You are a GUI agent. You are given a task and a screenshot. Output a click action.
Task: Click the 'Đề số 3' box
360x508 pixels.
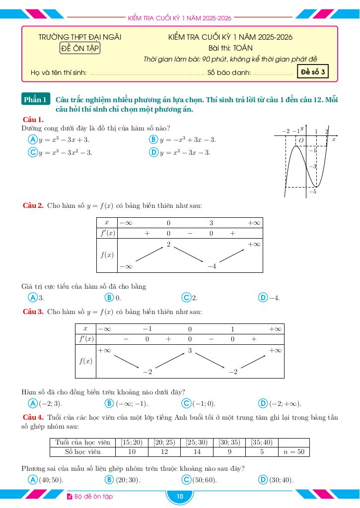click(313, 72)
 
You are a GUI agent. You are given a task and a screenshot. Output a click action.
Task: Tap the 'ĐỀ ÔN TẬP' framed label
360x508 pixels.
click(80, 48)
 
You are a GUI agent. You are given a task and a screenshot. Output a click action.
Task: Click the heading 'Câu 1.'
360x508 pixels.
click(33, 120)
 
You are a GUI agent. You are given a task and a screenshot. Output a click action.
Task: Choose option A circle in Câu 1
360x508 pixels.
click(32, 140)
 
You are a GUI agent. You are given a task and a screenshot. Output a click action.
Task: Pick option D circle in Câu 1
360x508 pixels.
click(153, 152)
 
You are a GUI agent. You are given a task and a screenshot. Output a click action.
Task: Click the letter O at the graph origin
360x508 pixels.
click(300, 141)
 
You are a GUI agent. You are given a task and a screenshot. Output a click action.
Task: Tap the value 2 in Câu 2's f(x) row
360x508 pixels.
click(168, 245)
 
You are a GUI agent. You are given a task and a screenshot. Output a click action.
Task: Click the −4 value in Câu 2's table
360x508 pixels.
click(212, 266)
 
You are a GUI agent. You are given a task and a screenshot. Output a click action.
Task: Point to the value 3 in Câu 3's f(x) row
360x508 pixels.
click(190, 351)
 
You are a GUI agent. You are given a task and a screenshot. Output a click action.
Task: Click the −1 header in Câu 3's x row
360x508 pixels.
click(147, 329)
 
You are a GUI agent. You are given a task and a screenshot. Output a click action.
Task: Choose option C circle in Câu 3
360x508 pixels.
click(187, 403)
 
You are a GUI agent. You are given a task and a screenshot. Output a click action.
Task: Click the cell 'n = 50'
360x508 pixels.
click(294, 452)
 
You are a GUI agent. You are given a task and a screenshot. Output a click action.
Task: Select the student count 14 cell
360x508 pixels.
click(197, 452)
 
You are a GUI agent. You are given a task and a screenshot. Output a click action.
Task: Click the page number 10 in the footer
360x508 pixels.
click(180, 497)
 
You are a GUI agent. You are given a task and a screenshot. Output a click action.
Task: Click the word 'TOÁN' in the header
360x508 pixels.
click(243, 48)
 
